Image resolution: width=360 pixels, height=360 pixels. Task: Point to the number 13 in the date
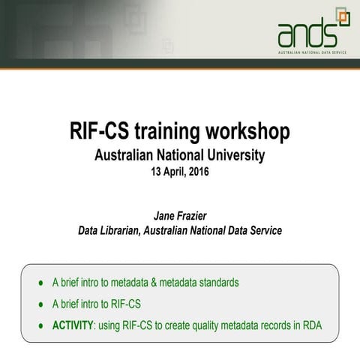coord(157,172)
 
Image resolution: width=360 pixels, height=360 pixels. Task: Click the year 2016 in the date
coord(197,172)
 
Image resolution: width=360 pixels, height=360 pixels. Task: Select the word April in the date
coord(176,172)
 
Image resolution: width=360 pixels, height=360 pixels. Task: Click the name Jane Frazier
coord(180,217)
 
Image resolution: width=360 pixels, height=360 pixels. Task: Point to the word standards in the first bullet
coord(217,283)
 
